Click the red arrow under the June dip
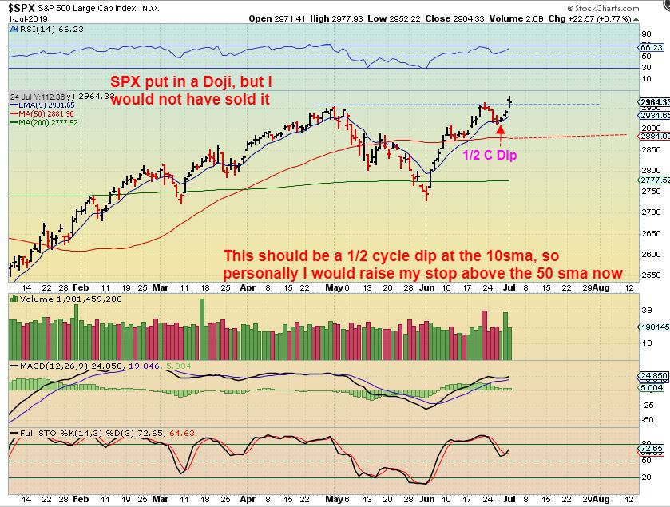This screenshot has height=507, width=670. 500,130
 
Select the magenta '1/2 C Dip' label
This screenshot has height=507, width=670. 490,155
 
